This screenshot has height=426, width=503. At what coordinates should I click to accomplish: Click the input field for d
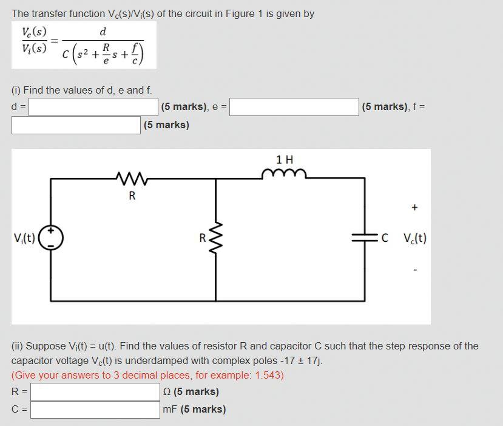click(93, 108)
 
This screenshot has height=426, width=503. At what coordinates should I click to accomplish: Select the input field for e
click(294, 108)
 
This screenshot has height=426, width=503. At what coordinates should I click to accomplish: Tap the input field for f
click(76, 125)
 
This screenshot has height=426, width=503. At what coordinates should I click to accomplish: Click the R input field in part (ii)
click(95, 392)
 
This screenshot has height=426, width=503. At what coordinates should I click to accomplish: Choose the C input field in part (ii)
click(95, 410)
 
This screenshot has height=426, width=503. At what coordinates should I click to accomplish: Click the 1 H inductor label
click(284, 160)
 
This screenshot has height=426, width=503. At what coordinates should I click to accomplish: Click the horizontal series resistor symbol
click(132, 179)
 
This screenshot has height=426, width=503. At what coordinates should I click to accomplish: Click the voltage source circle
click(51, 239)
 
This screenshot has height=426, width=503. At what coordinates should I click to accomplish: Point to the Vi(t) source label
click(24, 238)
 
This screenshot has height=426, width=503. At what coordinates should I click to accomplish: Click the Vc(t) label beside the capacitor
click(414, 238)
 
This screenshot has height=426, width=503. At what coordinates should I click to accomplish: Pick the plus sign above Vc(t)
click(414, 208)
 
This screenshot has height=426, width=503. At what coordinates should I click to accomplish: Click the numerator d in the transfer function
click(103, 31)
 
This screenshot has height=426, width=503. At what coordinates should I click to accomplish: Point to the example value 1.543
click(270, 375)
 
